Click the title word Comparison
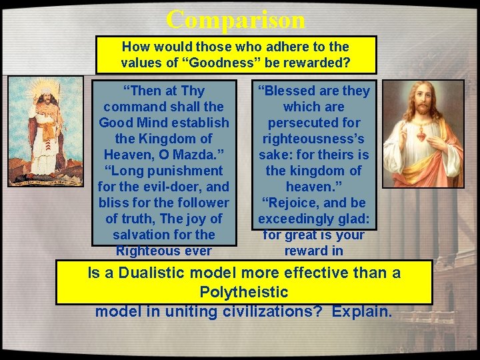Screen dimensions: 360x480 [236, 19]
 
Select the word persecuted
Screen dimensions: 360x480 [313, 123]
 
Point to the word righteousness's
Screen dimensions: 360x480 [313, 139]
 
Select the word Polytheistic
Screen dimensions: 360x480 [244, 292]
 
